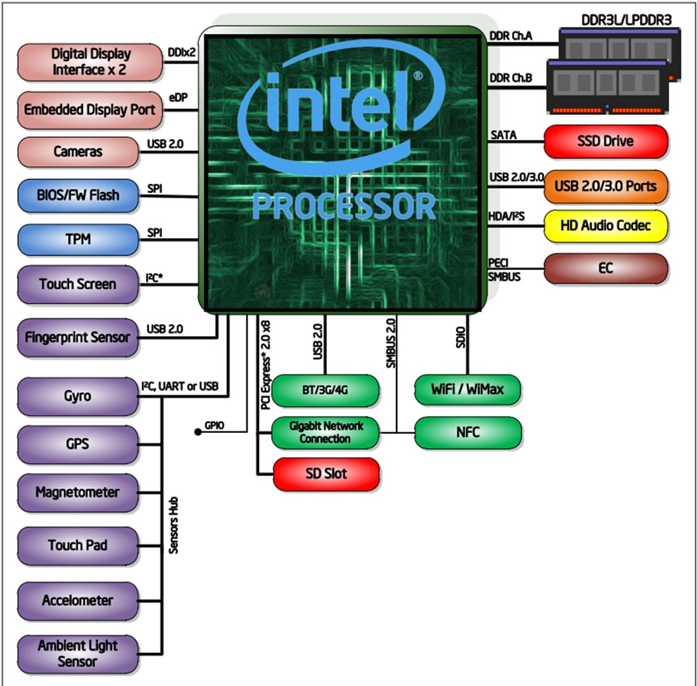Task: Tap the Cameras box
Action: tap(78, 152)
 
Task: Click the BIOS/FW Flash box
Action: tap(78, 195)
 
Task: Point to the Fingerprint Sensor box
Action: tap(78, 337)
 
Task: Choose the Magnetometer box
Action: tap(78, 492)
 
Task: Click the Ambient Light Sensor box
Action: tap(78, 654)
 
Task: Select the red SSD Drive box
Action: tap(605, 141)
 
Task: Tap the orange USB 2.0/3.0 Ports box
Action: tap(605, 186)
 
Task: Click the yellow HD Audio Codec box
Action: tap(605, 226)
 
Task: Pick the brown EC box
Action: tap(605, 268)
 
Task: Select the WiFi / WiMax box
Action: tap(468, 389)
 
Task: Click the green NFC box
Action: tap(468, 433)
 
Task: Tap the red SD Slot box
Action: tap(326, 474)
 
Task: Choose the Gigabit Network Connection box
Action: tap(326, 433)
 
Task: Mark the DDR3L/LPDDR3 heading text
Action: tap(626, 20)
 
